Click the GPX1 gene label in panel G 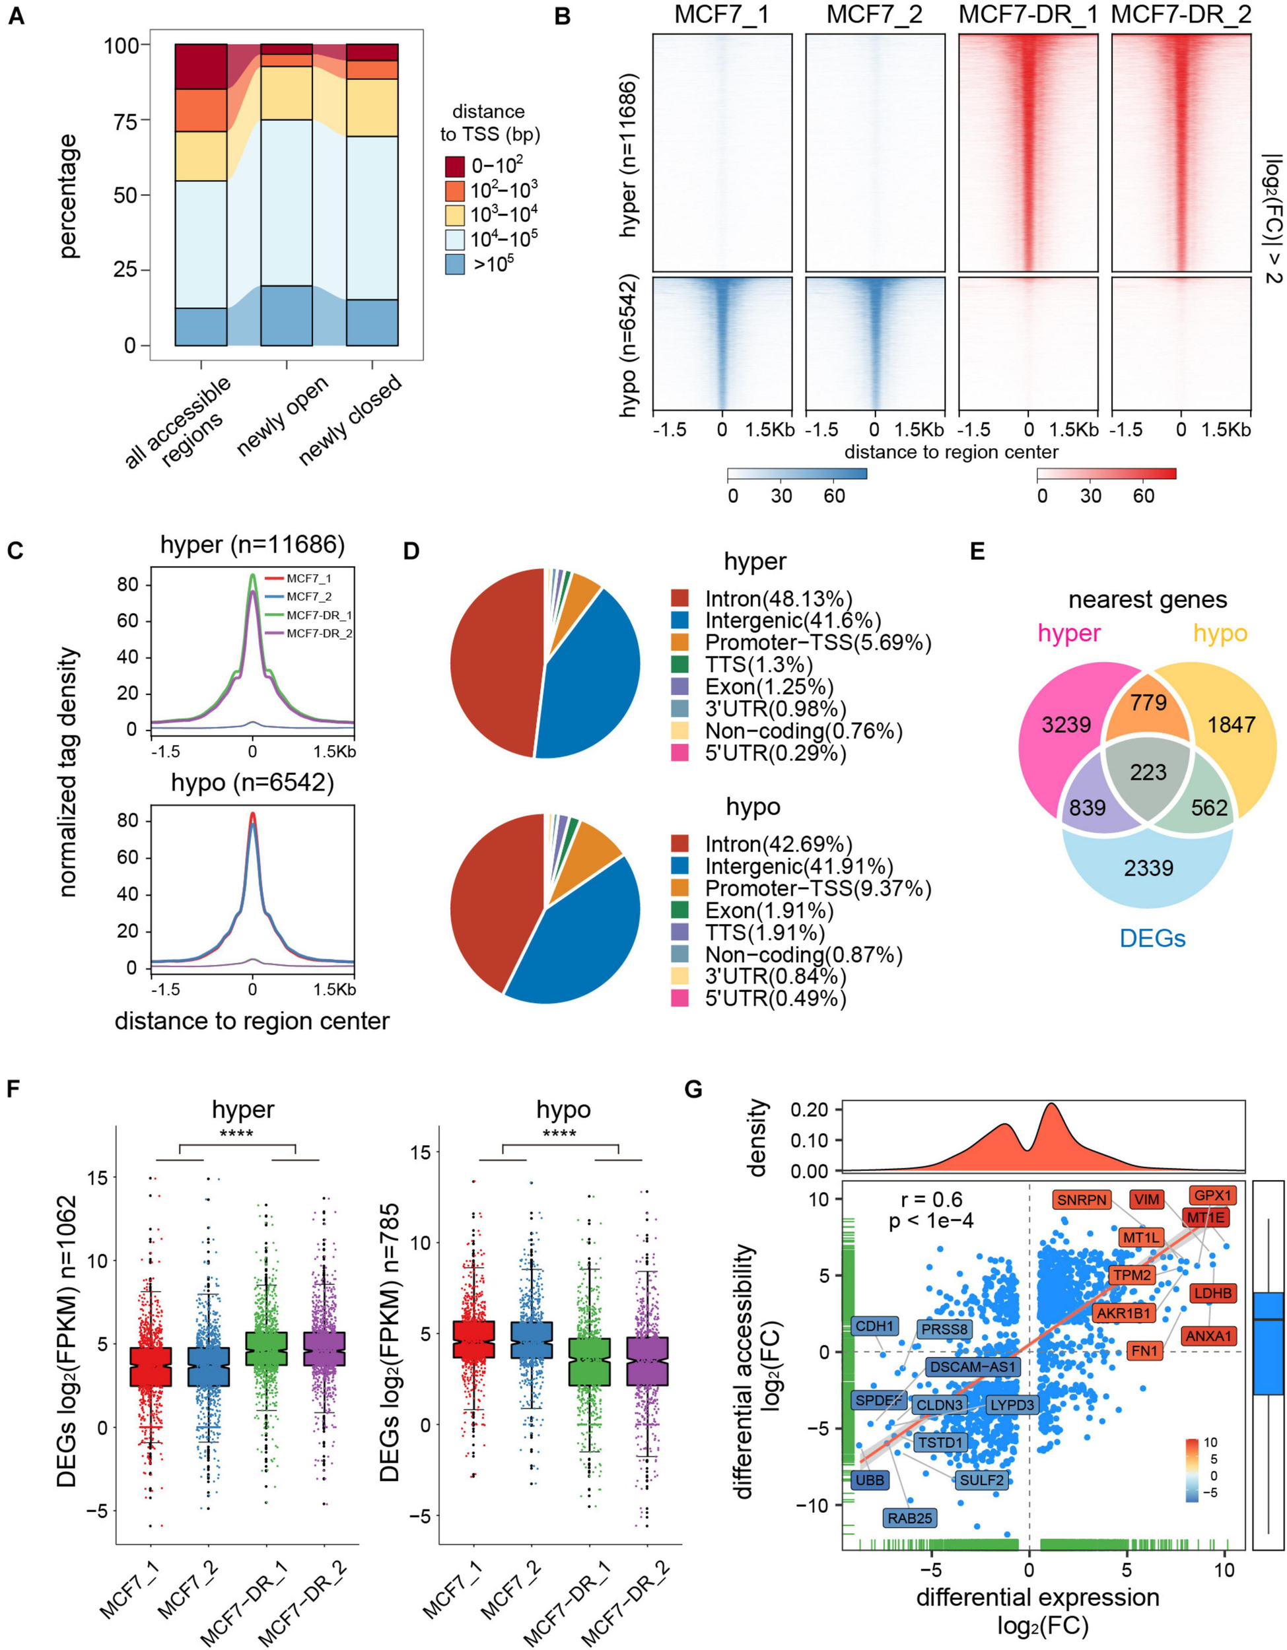tap(1213, 1195)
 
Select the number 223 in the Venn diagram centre tap(1148, 772)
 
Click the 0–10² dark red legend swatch tap(455, 166)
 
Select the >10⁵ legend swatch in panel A tap(455, 263)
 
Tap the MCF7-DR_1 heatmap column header tap(1027, 15)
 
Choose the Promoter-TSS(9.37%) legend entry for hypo tap(817, 888)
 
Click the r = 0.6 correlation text tap(931, 1199)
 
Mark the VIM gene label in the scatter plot tap(1146, 1199)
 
